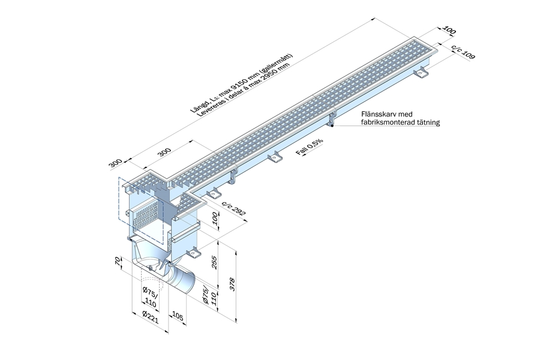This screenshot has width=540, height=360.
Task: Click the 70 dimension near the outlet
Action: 119,263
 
